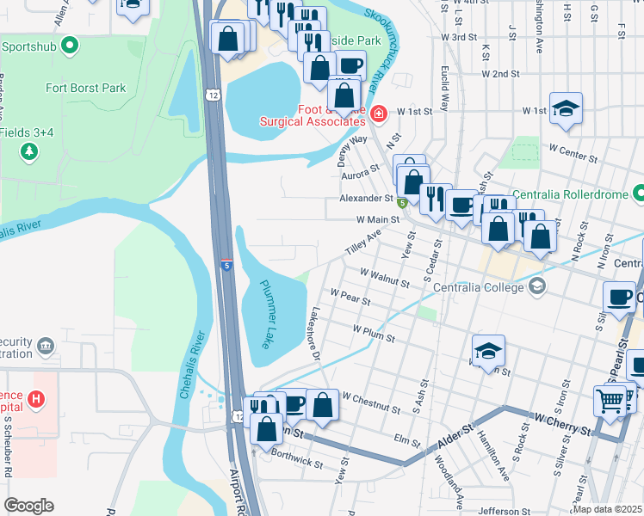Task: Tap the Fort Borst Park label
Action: (x=85, y=88)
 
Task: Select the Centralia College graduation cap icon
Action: (x=537, y=286)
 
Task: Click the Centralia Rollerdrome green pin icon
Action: (x=638, y=193)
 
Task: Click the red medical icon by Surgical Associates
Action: (x=379, y=113)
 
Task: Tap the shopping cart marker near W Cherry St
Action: (x=610, y=400)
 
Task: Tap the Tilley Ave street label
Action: (x=362, y=244)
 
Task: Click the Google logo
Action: (x=28, y=506)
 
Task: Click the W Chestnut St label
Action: (x=373, y=399)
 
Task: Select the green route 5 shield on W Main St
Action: (x=402, y=204)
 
